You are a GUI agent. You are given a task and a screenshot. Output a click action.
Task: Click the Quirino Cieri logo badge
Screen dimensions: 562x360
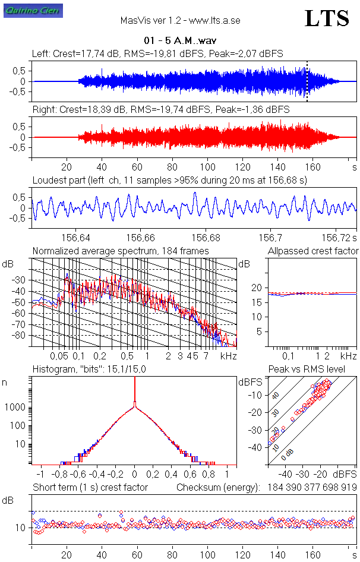click(x=24, y=10)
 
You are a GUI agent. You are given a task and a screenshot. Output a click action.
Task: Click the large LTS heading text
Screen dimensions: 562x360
click(x=327, y=19)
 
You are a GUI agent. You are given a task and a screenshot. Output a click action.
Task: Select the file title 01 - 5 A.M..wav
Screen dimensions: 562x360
click(x=180, y=41)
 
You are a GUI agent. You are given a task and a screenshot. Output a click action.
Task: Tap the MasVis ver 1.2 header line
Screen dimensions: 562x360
click(x=180, y=20)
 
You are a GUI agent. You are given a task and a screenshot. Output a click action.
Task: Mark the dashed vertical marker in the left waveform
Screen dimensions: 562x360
click(x=307, y=81)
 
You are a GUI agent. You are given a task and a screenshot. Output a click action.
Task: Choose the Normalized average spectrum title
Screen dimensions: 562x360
click(x=121, y=251)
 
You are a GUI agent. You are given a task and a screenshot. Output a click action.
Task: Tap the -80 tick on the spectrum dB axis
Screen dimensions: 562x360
click(x=21, y=336)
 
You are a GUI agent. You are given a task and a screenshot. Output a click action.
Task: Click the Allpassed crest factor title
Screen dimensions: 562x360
click(x=313, y=251)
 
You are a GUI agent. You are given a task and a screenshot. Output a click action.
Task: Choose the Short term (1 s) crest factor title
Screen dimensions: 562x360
click(x=90, y=487)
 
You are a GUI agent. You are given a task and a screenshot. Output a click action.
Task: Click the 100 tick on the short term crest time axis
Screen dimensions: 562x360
click(x=207, y=555)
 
